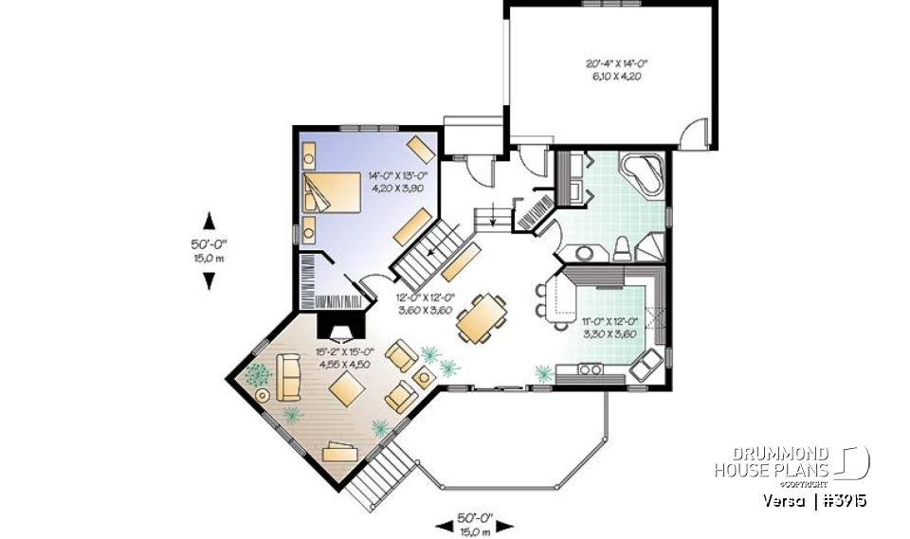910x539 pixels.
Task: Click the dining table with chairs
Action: pos(481,319)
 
